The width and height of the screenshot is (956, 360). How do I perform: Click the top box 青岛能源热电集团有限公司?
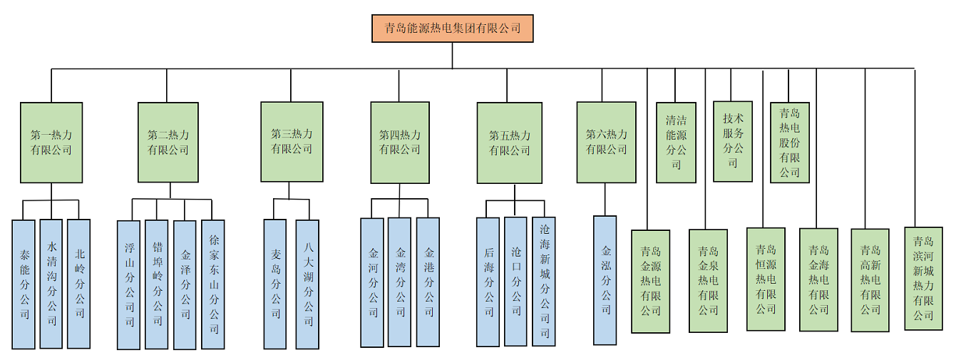pos(452,29)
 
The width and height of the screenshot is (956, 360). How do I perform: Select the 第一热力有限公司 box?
pos(51,142)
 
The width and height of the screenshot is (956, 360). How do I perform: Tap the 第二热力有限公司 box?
pos(168,142)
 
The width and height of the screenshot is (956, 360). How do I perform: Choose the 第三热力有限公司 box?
pos(292,141)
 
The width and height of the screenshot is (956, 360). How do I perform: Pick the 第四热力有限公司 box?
pos(400,143)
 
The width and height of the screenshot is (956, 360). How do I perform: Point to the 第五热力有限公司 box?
pos(509,143)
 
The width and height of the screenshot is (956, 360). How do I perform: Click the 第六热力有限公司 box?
pos(606,142)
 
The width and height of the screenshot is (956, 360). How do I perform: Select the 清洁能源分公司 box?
pos(676,143)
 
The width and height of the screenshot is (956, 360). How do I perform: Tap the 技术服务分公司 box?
pos(733,141)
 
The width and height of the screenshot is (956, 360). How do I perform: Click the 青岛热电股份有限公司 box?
pos(790,143)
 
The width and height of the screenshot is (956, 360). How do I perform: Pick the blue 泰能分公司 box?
pos(24,284)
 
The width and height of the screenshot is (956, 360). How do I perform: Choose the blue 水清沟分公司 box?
pos(51,283)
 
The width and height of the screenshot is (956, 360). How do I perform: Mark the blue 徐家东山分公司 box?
pos(213,284)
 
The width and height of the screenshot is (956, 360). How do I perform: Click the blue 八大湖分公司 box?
pos(307,284)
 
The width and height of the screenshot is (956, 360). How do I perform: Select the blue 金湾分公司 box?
pos(400,282)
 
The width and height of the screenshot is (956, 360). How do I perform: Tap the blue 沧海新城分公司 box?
pos(544,282)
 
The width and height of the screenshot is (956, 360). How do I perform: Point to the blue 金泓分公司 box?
pos(605,280)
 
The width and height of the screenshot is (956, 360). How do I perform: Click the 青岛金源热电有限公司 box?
pos(651,281)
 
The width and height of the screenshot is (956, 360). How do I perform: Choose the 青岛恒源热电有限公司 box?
pos(766,279)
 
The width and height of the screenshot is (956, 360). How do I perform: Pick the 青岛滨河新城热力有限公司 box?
pos(923,278)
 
